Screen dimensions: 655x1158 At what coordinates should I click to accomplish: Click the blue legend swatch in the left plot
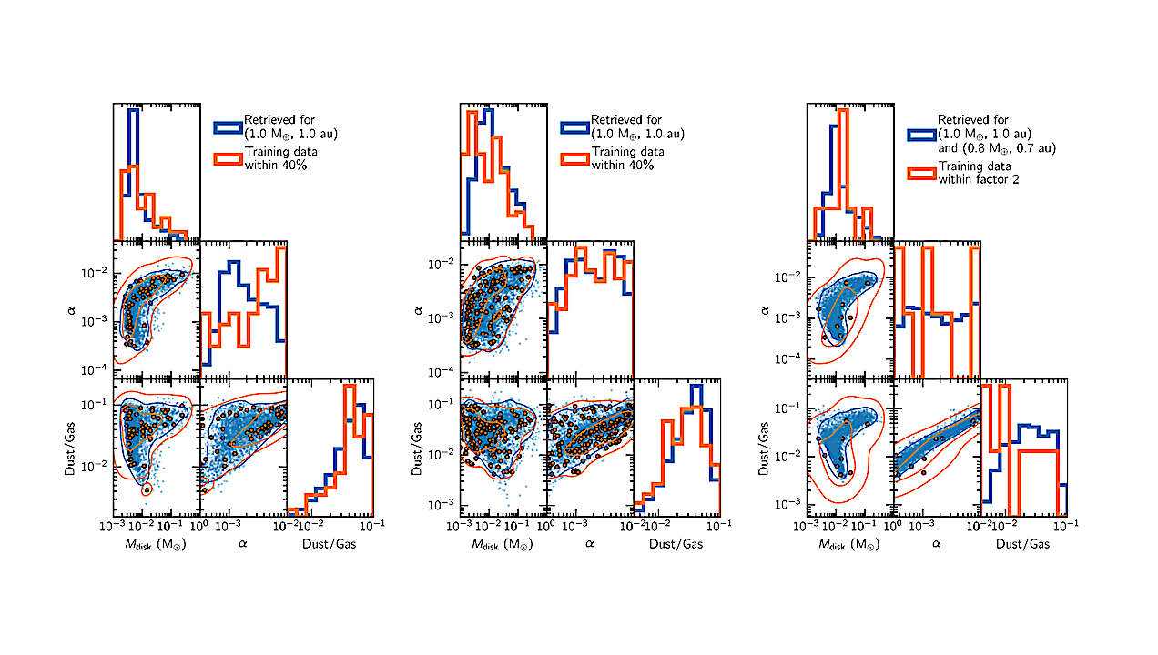[228, 127]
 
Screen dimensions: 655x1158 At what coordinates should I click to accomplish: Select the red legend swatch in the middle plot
[574, 158]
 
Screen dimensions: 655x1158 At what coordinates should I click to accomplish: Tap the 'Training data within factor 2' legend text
[974, 173]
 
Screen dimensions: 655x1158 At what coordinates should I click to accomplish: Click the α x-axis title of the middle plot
[589, 544]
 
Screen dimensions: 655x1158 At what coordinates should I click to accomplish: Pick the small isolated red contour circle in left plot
[147, 489]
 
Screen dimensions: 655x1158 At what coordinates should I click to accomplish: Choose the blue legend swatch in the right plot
[921, 134]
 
